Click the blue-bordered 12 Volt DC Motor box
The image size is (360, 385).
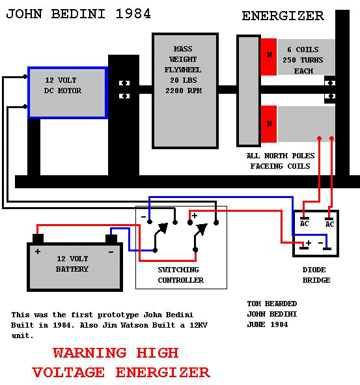coord(68,93)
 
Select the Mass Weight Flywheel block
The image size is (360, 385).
coord(185,91)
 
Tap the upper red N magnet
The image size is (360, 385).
coord(269,57)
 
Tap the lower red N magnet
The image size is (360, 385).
coord(269,124)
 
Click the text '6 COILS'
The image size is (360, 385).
coord(303,50)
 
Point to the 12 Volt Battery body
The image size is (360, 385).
coord(75,267)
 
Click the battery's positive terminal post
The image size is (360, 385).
coord(38,238)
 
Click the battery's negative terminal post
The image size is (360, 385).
coord(111,238)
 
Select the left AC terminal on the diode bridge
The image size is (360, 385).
coord(305,218)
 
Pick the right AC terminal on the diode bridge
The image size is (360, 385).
coord(329,219)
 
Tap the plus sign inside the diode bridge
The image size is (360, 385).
coord(309,243)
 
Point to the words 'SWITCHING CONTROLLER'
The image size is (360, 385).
coord(180,275)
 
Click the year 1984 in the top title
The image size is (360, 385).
coord(133,14)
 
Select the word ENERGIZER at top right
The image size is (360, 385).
coord(283,16)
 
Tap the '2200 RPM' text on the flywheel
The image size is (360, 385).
coord(184,91)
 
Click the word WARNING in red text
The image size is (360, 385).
coord(90,353)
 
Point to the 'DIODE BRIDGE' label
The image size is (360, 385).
coord(316,275)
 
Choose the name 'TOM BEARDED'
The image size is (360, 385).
coord(272,304)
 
